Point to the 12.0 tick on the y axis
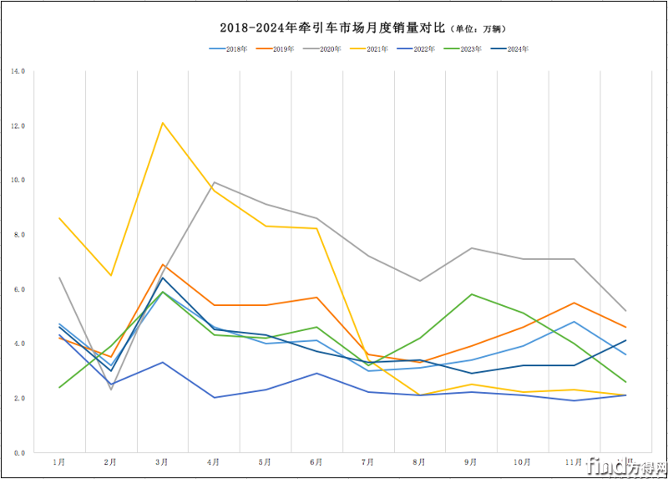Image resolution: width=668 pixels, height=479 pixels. (18, 125)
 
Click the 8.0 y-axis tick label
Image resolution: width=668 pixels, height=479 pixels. (18, 235)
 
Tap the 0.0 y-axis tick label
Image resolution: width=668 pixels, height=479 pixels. (18, 453)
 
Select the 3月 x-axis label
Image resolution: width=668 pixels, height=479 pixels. (162, 461)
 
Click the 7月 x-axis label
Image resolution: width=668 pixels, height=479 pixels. (368, 461)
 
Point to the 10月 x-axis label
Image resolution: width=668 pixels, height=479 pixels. (523, 461)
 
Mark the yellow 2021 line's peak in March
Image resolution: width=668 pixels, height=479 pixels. (163, 123)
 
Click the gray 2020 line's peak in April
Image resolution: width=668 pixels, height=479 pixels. (214, 182)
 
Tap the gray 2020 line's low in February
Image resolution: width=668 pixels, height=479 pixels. (111, 390)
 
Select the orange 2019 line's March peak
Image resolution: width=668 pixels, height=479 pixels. (163, 264)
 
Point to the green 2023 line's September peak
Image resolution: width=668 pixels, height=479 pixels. (472, 294)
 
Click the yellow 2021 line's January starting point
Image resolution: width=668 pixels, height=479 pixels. (59, 218)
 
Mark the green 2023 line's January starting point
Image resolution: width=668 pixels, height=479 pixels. (59, 387)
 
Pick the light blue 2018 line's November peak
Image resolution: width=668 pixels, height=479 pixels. (574, 322)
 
